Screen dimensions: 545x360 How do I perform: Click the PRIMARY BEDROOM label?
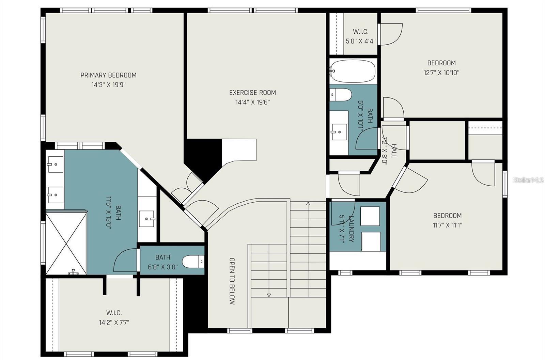tap(109, 75)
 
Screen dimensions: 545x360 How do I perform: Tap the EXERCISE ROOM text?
tap(252, 93)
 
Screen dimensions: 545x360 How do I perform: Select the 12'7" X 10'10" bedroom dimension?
tap(441, 73)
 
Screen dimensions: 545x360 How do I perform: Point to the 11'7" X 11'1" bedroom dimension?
tap(448, 225)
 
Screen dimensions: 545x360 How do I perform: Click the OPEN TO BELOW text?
tap(232, 281)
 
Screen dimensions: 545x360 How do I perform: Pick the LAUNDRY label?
tap(352, 229)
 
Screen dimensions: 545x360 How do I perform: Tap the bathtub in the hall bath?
tap(353, 71)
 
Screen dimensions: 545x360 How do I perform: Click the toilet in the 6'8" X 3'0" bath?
tap(193, 262)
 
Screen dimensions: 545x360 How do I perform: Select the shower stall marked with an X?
tap(66, 243)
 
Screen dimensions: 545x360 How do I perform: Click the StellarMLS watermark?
tap(528, 180)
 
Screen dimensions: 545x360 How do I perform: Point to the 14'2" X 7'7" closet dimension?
tap(114, 323)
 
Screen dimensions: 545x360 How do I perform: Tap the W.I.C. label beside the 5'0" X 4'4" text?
tap(361, 32)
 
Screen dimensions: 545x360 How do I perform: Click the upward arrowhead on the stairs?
tap(308, 204)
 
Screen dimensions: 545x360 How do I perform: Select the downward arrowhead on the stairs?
tap(269, 295)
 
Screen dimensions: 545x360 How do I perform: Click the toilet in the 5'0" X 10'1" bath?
tap(341, 95)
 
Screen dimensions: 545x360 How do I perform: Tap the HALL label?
tap(394, 151)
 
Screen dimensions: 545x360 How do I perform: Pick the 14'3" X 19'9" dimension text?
tap(109, 85)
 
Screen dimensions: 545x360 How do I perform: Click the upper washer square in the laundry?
tap(370, 216)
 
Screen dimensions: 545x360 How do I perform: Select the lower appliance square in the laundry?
tap(371, 241)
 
